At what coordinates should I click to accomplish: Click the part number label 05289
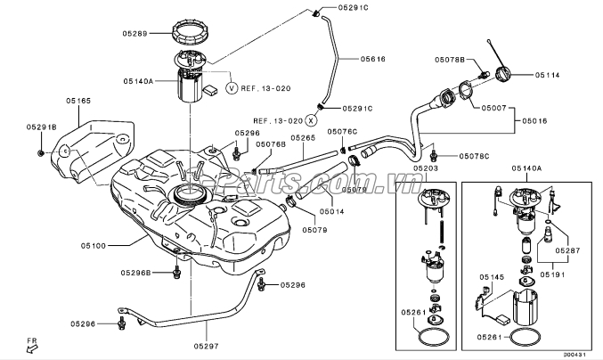click(134, 34)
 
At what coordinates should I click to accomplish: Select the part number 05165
click(78, 102)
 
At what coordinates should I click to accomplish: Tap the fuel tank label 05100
click(93, 244)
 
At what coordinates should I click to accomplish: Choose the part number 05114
click(547, 76)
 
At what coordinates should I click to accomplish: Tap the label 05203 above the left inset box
click(426, 168)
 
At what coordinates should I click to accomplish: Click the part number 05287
click(566, 252)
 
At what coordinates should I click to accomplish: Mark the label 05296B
click(136, 272)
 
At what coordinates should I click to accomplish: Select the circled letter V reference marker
click(232, 88)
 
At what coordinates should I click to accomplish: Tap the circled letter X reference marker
click(311, 119)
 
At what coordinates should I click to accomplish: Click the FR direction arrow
click(31, 348)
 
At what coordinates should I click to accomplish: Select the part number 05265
click(303, 138)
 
